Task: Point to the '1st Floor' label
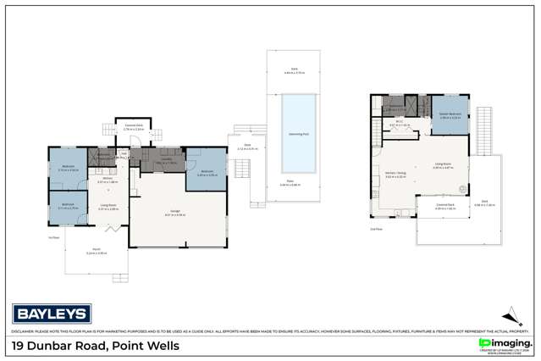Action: point(53,237)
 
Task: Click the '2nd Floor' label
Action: point(375,229)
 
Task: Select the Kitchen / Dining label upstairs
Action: point(396,175)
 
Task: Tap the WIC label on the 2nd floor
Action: point(398,123)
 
